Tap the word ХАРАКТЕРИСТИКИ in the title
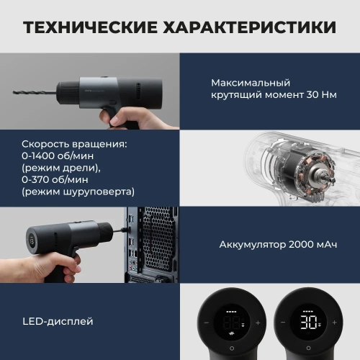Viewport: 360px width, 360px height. point(253,28)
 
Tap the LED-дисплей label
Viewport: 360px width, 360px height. point(57,320)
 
